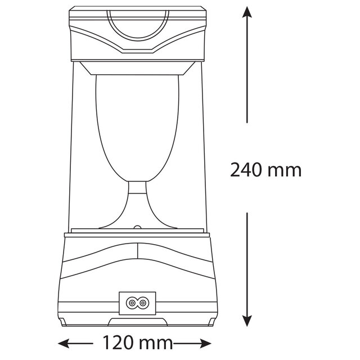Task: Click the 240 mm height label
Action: (x=266, y=169)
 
